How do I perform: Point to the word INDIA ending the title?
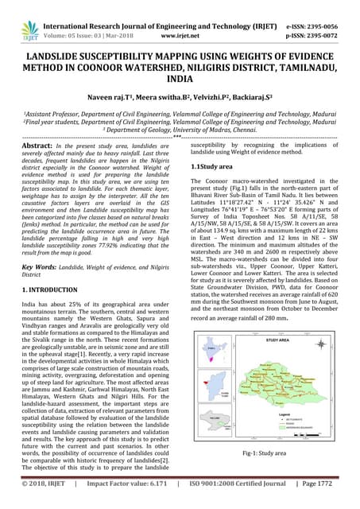pos(180,81)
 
